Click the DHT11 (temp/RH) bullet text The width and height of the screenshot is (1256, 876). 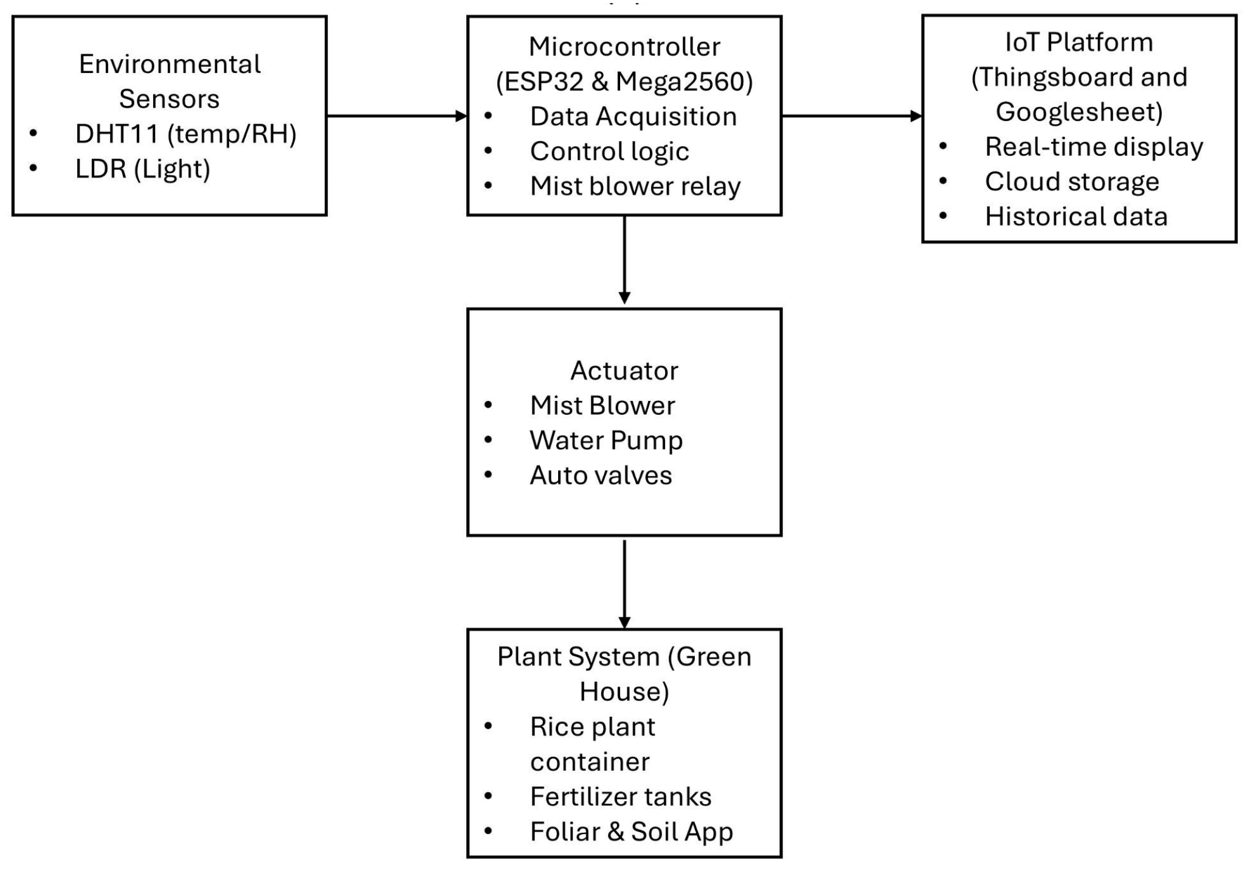[x=185, y=134]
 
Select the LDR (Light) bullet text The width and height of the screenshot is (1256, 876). [x=143, y=169]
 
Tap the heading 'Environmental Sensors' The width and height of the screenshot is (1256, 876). [x=170, y=81]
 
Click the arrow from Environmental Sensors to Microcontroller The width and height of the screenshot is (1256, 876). [x=396, y=116]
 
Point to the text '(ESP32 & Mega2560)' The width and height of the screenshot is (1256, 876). [x=624, y=82]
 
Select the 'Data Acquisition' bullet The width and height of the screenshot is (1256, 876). [x=633, y=117]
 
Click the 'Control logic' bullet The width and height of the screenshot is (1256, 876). [x=609, y=151]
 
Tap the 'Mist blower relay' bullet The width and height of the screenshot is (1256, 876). [x=635, y=186]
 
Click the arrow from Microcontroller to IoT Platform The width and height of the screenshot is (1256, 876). [x=851, y=116]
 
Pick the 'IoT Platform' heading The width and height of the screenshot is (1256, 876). [x=1079, y=43]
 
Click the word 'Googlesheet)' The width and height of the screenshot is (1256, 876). [x=1079, y=112]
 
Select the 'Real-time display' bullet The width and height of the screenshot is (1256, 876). [x=1094, y=147]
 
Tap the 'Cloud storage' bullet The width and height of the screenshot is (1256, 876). [x=1072, y=182]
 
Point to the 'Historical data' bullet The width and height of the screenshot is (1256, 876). [x=1076, y=217]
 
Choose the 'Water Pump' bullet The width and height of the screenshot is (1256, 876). [x=606, y=440]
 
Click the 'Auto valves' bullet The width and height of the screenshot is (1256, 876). [x=601, y=475]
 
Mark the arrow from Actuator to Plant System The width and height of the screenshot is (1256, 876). [x=624, y=583]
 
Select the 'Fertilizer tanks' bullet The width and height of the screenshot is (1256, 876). [x=620, y=797]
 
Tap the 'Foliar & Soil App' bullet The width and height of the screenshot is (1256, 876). [x=631, y=832]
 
